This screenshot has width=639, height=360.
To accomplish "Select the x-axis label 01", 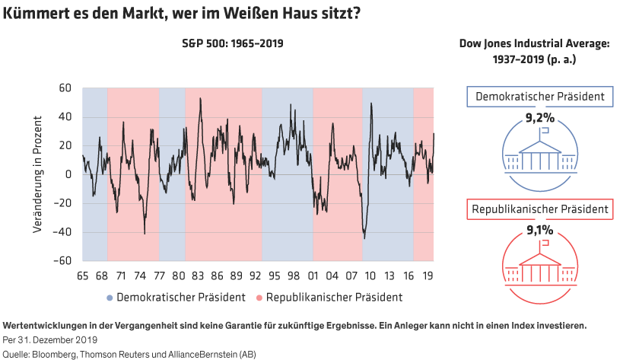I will coord(313,276).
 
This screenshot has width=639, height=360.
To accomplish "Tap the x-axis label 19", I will coord(430,276).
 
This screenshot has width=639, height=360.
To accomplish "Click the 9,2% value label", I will coord(541,117).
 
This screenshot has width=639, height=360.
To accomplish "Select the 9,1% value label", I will coord(541,228).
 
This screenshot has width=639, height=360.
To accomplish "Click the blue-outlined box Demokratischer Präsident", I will coord(540,97).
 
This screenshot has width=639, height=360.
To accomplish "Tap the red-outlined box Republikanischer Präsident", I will coord(540,208).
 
